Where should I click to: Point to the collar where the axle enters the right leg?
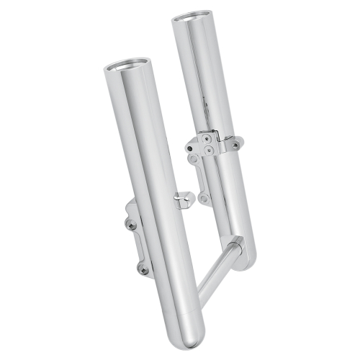click(x=238, y=246)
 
